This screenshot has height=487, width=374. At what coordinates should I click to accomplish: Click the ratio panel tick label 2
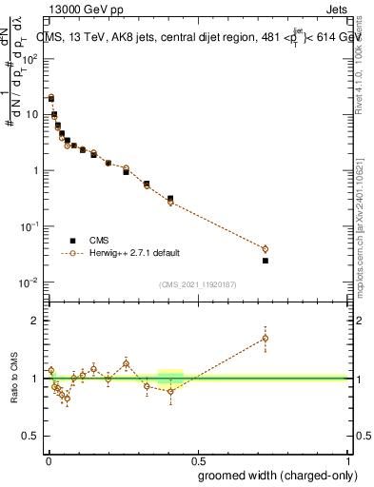(33, 321)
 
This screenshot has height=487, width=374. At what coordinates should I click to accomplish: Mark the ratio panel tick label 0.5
(30, 436)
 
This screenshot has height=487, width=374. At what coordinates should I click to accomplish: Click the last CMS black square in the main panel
(266, 261)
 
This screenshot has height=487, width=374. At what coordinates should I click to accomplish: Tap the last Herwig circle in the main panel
(266, 249)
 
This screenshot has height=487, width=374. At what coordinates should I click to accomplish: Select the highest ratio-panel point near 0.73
(266, 338)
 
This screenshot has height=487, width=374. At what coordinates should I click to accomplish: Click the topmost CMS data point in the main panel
(51, 97)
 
